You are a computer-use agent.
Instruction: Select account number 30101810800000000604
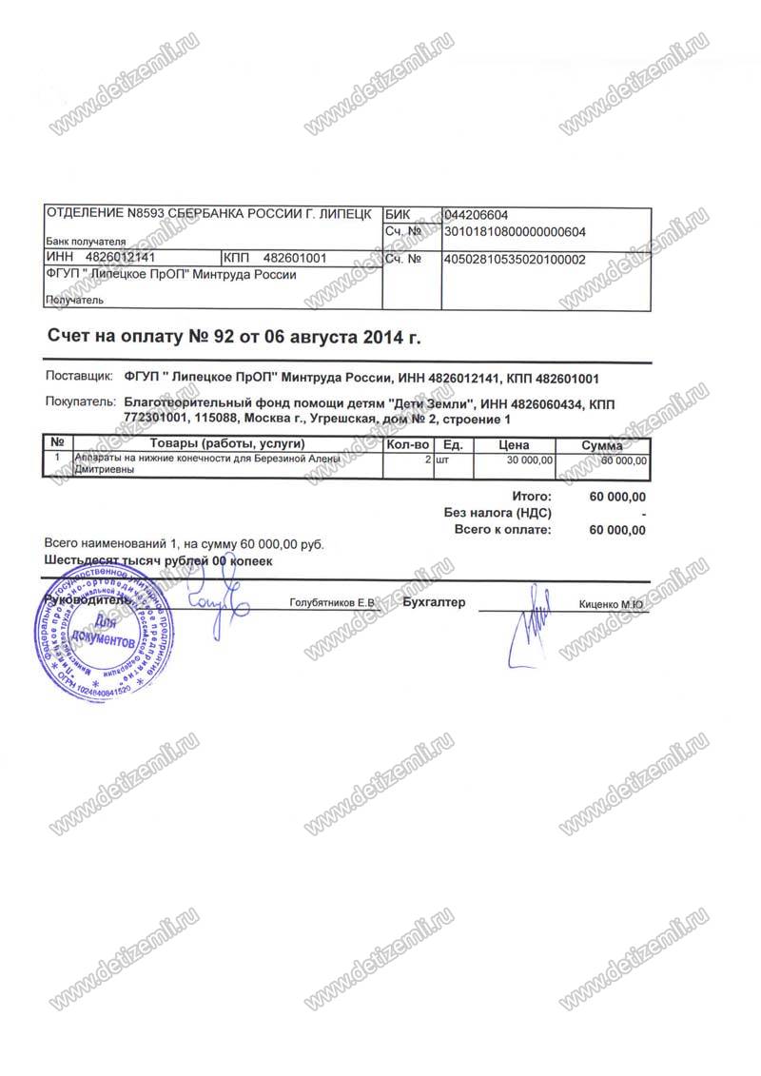pyautogui.click(x=515, y=231)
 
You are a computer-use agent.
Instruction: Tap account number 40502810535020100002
pyautogui.click(x=515, y=259)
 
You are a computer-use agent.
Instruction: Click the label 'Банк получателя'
pyautogui.click(x=86, y=242)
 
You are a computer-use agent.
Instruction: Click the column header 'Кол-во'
pyautogui.click(x=408, y=444)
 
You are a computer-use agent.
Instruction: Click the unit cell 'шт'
pyautogui.click(x=441, y=460)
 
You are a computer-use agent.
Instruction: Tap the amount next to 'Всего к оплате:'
pyautogui.click(x=617, y=530)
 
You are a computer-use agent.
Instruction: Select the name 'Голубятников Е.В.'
pyautogui.click(x=333, y=603)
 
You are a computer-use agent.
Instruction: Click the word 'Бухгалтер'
pyautogui.click(x=434, y=602)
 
